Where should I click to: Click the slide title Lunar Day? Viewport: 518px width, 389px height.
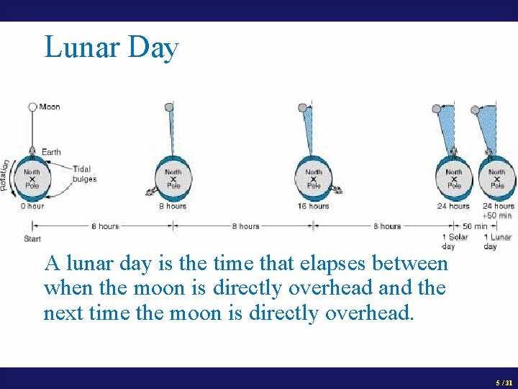tap(111, 48)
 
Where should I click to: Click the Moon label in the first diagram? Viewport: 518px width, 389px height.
tap(50, 107)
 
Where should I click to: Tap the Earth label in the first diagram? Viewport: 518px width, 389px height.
tap(51, 152)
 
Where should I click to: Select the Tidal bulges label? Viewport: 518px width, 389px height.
tap(84, 174)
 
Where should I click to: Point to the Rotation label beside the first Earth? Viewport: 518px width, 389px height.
tap(6, 175)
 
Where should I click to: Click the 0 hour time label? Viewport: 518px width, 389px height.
tap(32, 206)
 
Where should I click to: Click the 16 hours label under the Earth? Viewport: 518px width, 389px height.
tap(314, 206)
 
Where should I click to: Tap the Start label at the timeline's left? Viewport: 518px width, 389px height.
tap(32, 238)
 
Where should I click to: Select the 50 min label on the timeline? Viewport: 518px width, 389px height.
tap(475, 226)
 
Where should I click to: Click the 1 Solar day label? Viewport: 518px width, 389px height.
tap(454, 241)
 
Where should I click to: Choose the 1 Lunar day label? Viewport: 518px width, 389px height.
tap(496, 241)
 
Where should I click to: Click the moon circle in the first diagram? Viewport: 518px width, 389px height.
tap(32, 107)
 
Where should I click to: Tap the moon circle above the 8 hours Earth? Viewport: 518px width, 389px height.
tap(169, 107)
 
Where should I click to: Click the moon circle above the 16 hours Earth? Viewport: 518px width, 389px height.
tap(302, 107)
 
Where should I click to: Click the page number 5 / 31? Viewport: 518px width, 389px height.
tap(504, 383)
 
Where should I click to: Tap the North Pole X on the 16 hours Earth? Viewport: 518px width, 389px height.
tap(314, 179)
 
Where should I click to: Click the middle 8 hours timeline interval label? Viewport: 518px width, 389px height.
tap(245, 226)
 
